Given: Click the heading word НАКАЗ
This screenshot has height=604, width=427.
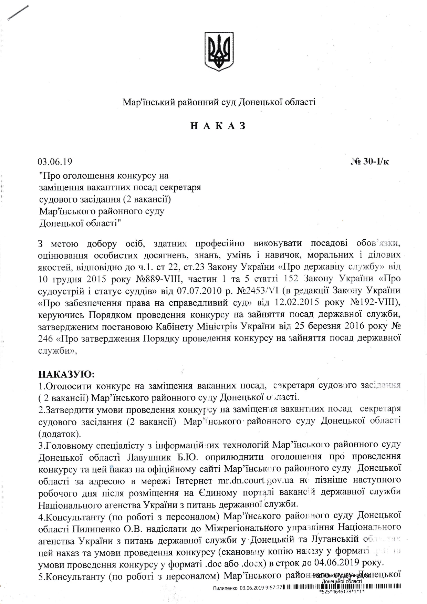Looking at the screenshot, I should click(x=218, y=126).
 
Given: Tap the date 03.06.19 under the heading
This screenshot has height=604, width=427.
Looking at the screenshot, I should click(x=55, y=162).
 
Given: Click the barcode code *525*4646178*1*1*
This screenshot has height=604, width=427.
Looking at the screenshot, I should click(x=342, y=592).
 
